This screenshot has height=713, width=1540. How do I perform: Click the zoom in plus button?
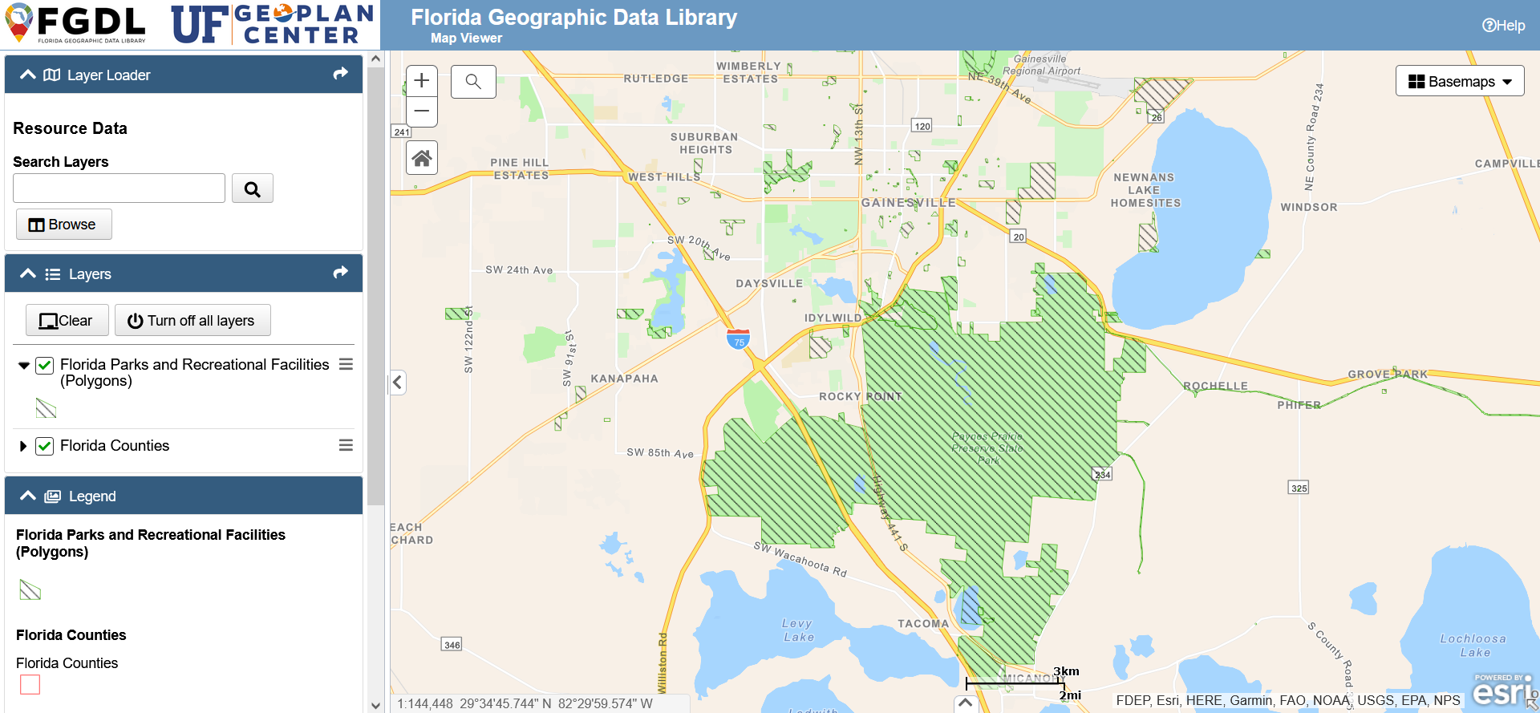click(x=422, y=81)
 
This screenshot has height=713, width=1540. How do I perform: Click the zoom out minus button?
click(x=422, y=111)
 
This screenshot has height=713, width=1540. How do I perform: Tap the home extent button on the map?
click(x=422, y=158)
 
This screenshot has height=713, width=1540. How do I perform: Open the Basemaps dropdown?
click(x=1459, y=81)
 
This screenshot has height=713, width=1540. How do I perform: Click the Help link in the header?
click(x=1503, y=26)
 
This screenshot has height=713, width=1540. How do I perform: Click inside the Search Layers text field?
click(x=120, y=188)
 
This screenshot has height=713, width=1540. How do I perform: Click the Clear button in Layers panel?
click(x=67, y=321)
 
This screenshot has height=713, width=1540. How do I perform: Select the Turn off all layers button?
click(x=192, y=321)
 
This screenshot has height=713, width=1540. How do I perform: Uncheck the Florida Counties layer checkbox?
click(x=45, y=446)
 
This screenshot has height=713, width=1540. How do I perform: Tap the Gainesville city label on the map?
click(x=908, y=203)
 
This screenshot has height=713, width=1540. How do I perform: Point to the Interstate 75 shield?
click(x=738, y=339)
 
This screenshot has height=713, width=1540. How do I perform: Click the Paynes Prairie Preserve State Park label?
click(x=987, y=448)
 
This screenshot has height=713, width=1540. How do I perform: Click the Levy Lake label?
click(x=798, y=630)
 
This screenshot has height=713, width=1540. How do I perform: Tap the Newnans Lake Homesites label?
click(x=1145, y=190)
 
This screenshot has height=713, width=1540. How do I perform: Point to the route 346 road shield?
click(x=452, y=645)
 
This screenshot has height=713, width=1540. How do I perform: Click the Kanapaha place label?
click(x=624, y=379)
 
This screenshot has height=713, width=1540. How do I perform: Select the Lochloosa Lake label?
click(x=1473, y=646)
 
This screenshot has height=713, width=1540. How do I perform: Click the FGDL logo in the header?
click(x=76, y=24)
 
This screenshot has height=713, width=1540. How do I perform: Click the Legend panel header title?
click(x=92, y=496)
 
